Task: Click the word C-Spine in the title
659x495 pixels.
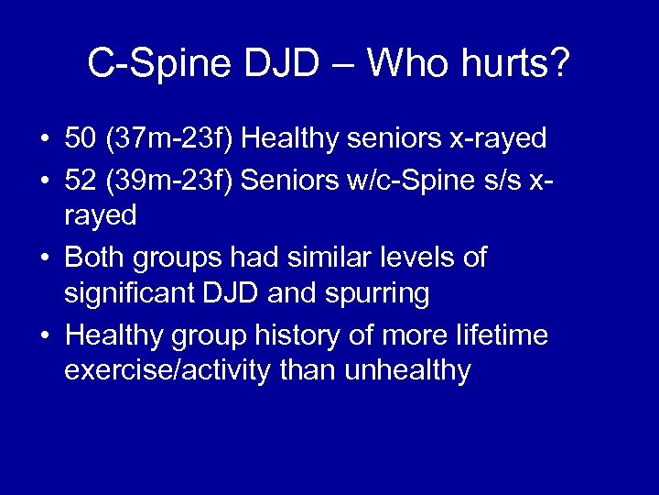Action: click(x=160, y=63)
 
